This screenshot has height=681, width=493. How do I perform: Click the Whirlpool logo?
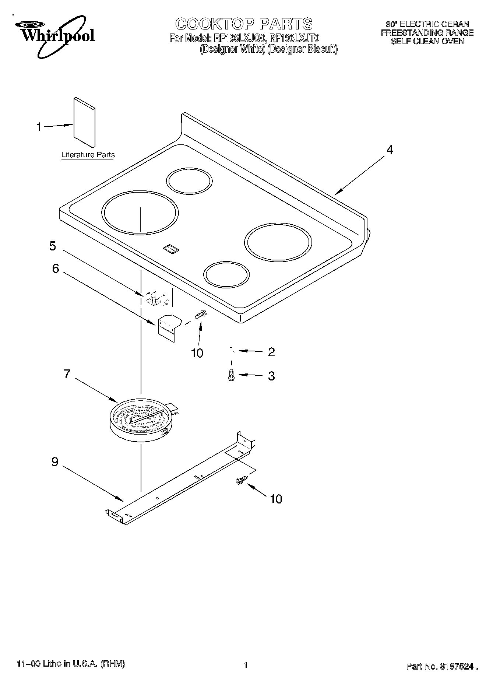coord(55,35)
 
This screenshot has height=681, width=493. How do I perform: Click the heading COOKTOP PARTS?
coord(244,24)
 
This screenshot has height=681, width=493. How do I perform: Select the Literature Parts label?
coord(88,155)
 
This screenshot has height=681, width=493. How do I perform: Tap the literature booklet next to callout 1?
coord(84,122)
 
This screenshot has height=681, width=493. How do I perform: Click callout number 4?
coord(390,150)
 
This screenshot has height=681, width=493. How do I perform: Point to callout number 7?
coord(67,374)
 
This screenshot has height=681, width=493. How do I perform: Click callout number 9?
coord(55,462)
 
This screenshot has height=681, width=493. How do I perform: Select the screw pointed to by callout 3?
coord(231,375)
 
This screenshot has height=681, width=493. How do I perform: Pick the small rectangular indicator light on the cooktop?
coord(171,249)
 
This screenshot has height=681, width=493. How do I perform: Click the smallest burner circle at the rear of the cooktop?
coord(189,181)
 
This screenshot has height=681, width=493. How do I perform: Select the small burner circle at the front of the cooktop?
coord(226,274)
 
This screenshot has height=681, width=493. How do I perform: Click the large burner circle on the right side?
coord(278,242)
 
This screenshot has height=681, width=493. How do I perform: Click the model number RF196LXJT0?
coord(295,38)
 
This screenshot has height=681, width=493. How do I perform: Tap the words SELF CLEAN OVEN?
coord(427,42)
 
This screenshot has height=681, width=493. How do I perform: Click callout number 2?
coord(271,352)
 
